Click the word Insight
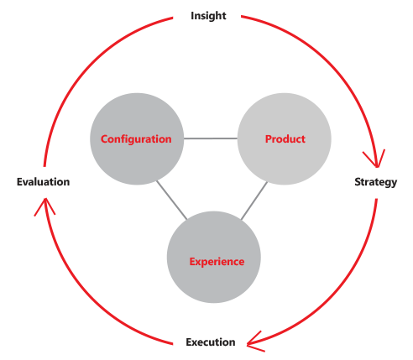(x=208, y=16)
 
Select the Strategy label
(x=376, y=182)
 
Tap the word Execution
(x=211, y=342)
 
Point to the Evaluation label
(x=43, y=182)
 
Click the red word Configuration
(x=136, y=139)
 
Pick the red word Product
(x=285, y=139)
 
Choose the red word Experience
(x=217, y=262)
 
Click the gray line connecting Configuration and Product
(x=211, y=138)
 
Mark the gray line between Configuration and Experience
(x=171, y=200)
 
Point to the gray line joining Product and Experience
(x=254, y=201)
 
